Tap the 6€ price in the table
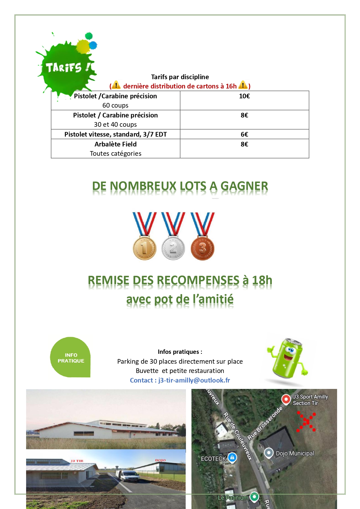[x=244, y=134]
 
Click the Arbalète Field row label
[x=115, y=144]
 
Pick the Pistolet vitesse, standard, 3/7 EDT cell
[x=115, y=134]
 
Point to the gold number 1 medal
[x=144, y=248]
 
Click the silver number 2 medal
[x=173, y=248]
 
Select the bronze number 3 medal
[x=202, y=248]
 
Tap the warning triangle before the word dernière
[x=116, y=85]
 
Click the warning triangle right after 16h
[x=243, y=85]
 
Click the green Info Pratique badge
[x=70, y=358]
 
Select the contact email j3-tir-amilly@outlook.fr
[x=194, y=380]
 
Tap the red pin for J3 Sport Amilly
[x=286, y=399]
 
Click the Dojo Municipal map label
[x=295, y=453]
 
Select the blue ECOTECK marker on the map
[x=232, y=457]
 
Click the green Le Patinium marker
[x=254, y=497]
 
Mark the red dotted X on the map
[x=306, y=422]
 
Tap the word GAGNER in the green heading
[x=244, y=186]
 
